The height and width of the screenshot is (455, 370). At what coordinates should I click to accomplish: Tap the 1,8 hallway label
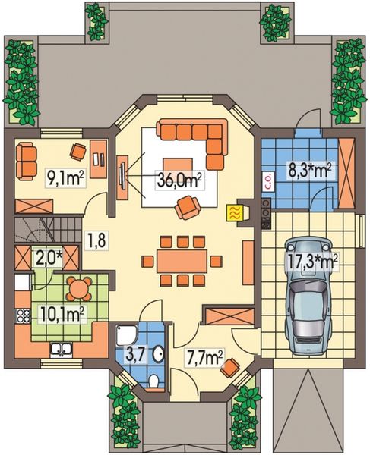95,243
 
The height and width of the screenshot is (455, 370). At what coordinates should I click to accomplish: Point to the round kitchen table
78,287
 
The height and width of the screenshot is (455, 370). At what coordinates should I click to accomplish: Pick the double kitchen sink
59,350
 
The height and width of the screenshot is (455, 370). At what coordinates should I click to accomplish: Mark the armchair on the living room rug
187,206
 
